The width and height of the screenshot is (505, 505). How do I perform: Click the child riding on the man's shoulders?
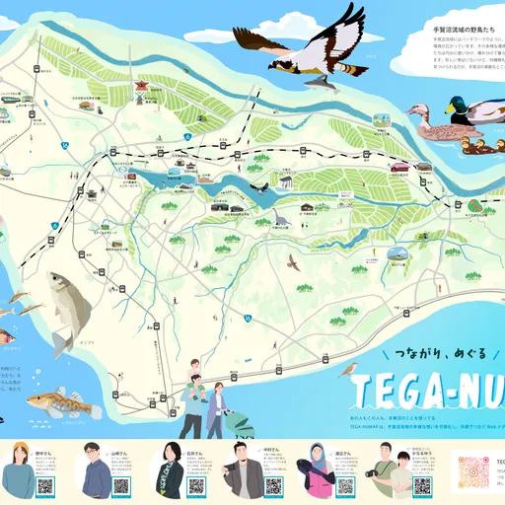click(x=195, y=371)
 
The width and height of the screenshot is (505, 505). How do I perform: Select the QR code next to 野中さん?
click(x=44, y=486)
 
